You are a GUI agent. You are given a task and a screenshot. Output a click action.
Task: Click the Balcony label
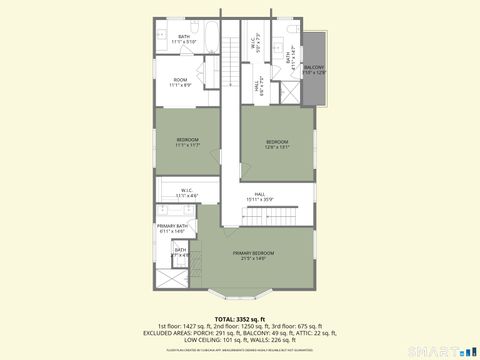coord(313,70)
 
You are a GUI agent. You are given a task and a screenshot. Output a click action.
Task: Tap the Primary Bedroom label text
coord(254,254)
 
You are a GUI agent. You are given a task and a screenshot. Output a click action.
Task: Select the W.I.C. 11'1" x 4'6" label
coord(187,193)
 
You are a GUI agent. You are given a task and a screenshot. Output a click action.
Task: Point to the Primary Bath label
coord(172,229)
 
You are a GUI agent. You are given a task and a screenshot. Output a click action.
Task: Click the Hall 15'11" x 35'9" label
coord(259,196)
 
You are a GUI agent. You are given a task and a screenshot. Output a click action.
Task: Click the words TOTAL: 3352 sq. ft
coord(239,319)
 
